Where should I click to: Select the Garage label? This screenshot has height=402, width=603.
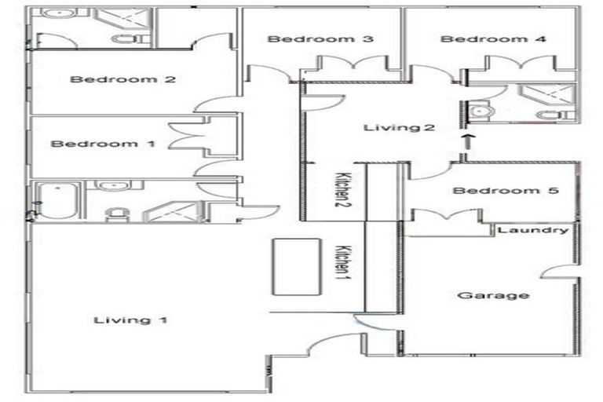(481, 295)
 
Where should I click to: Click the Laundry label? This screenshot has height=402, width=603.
(533, 230)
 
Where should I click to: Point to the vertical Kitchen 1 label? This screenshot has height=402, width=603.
(342, 264)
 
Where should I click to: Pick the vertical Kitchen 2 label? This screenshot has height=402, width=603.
(342, 191)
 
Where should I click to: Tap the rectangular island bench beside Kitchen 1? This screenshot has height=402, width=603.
(296, 266)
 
